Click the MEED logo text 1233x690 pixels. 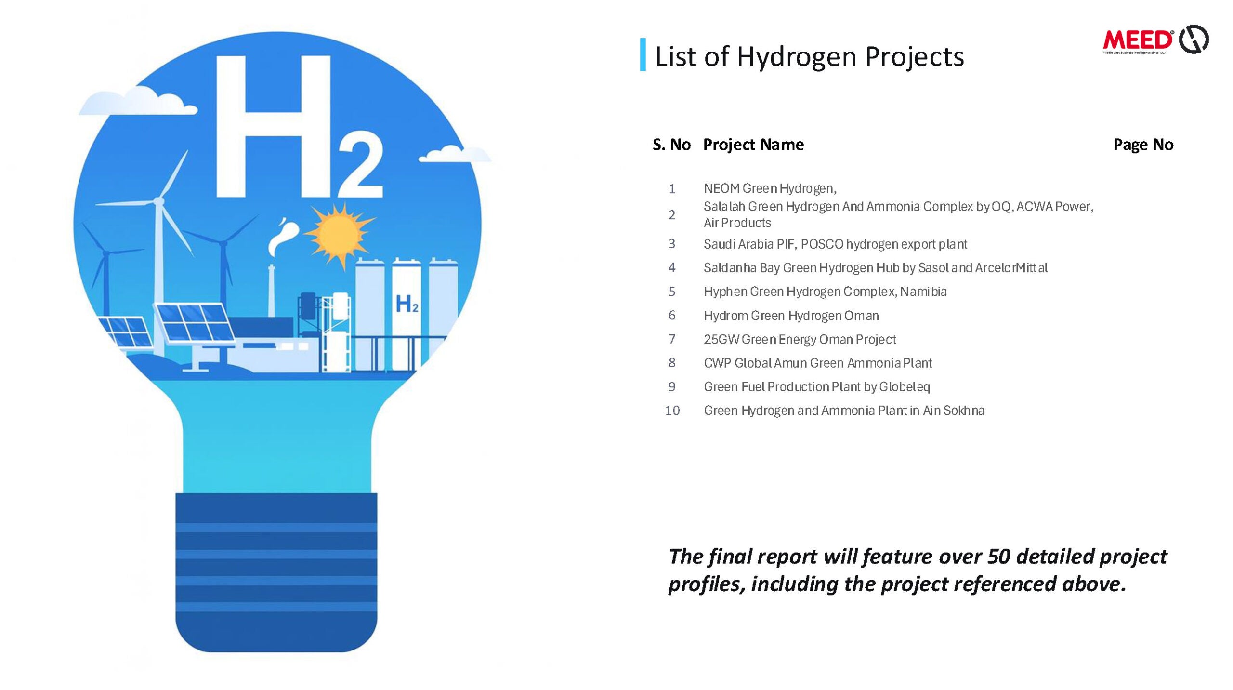[1137, 40]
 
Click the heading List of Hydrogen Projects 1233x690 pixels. [809, 57]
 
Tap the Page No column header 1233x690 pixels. [1143, 145]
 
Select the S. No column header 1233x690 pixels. [671, 145]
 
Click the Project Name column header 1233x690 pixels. [753, 145]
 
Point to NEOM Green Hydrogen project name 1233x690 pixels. [770, 188]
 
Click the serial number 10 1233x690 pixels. [672, 411]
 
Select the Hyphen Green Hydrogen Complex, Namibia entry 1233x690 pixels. [825, 292]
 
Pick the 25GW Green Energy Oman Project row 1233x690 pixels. [800, 339]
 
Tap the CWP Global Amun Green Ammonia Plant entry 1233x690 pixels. [818, 363]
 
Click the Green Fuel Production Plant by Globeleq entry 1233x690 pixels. [817, 387]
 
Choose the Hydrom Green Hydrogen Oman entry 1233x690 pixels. [791, 316]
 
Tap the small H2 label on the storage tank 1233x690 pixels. [407, 304]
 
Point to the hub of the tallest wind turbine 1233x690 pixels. [158, 201]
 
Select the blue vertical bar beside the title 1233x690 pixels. [643, 54]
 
